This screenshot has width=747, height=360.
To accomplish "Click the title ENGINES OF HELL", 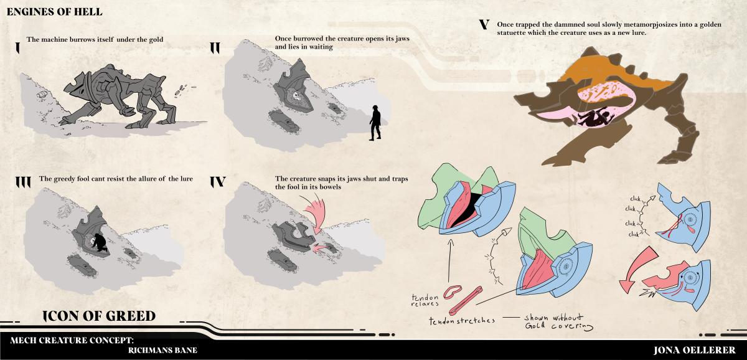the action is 54,12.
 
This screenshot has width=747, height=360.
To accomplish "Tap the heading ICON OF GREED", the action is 99,316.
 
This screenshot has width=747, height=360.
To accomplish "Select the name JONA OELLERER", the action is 694,350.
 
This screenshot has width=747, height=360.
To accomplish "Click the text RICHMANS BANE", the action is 162,350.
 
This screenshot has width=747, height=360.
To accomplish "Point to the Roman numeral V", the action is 484,24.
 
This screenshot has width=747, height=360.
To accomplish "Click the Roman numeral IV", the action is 218,182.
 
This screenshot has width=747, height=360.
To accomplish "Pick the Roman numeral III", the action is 23,182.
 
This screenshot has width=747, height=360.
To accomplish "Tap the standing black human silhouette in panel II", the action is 375,123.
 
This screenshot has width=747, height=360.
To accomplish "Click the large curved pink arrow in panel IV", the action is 314,213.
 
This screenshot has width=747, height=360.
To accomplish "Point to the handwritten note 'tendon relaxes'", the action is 425,300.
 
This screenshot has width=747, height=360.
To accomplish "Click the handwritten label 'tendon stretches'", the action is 462,321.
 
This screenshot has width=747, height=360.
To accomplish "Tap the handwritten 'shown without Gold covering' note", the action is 558,321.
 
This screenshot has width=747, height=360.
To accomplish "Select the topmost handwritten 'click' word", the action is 636,199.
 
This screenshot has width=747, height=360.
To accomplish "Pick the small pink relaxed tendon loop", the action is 453,291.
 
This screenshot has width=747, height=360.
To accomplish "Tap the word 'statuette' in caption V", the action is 512,33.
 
